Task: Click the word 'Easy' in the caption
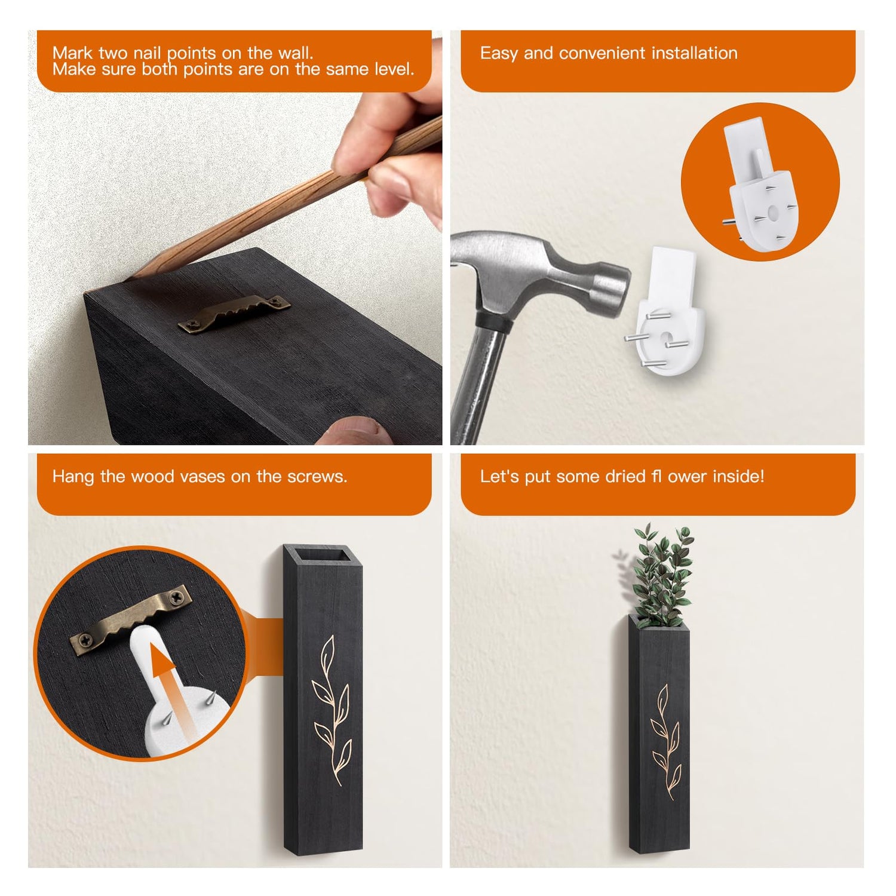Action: (499, 54)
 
